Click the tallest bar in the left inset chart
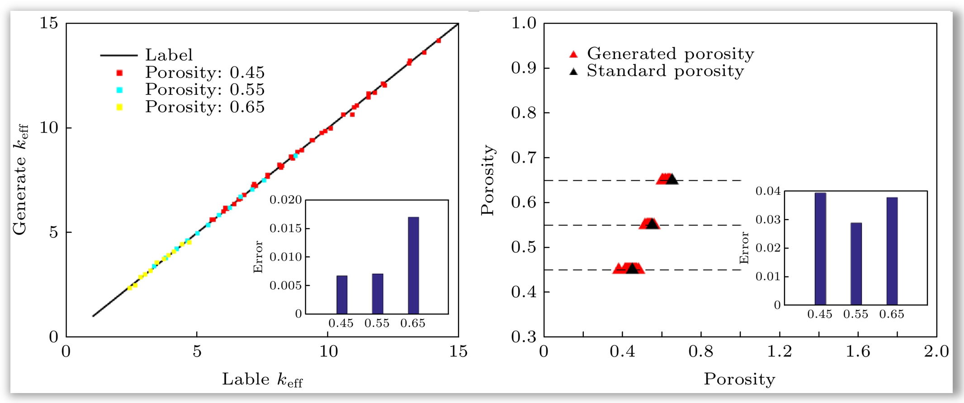413,265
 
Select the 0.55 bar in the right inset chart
855,264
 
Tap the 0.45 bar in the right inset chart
820,248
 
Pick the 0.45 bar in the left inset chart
342,295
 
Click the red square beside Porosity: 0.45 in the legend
119,72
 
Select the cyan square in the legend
119,89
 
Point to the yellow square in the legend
119,107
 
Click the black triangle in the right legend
573,71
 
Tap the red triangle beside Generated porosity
573,54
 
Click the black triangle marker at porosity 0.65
672,179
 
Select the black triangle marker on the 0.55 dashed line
652,224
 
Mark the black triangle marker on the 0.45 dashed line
632,268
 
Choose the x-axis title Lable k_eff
262,380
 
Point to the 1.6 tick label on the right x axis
858,351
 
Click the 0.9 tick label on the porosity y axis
524,68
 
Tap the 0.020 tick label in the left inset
285,200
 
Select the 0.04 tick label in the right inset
768,191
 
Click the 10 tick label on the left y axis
49,127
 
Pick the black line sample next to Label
118,55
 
